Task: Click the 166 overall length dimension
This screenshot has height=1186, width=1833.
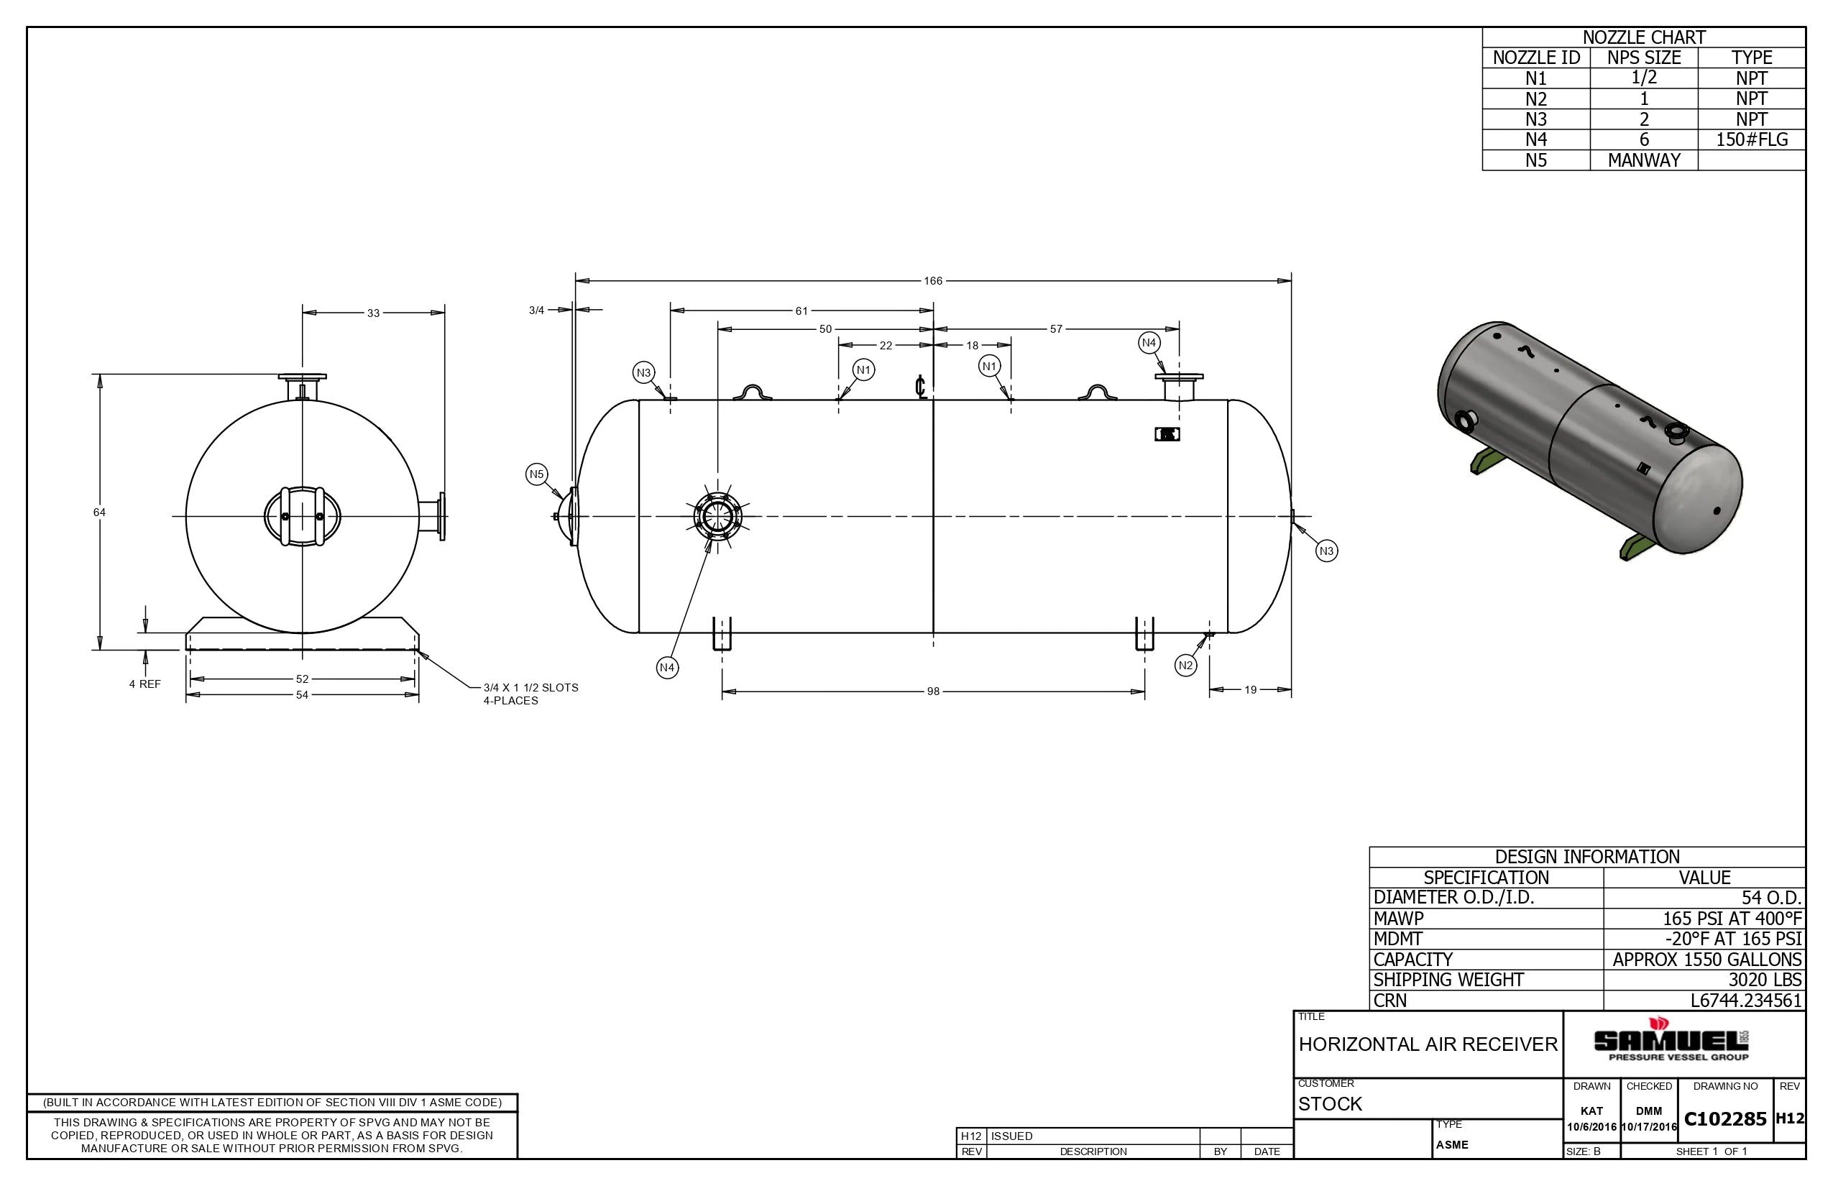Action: (933, 281)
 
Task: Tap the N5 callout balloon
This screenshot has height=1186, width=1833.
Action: (537, 474)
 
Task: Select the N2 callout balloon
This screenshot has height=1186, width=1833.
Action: (1185, 666)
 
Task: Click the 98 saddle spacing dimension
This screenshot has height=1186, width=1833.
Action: (933, 691)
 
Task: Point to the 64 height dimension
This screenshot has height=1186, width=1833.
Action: (99, 512)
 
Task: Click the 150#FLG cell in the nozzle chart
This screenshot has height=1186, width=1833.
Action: (1751, 139)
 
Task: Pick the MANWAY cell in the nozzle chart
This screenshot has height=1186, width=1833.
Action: (1643, 160)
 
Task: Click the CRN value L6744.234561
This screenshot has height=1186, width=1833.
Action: (1745, 1001)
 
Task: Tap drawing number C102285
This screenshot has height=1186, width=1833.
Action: (1725, 1119)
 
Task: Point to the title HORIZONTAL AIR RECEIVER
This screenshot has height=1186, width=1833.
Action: (1428, 1044)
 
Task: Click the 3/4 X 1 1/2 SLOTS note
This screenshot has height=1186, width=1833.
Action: (530, 694)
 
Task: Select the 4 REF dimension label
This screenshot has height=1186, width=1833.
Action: (144, 684)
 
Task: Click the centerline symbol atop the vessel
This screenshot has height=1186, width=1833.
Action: (920, 386)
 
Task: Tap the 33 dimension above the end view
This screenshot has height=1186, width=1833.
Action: (374, 313)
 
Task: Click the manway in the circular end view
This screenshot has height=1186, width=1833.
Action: (302, 516)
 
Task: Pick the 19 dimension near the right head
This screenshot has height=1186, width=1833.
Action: (1250, 690)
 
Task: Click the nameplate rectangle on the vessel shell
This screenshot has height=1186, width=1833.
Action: (1167, 434)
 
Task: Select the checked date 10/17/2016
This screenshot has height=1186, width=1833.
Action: (1648, 1127)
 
